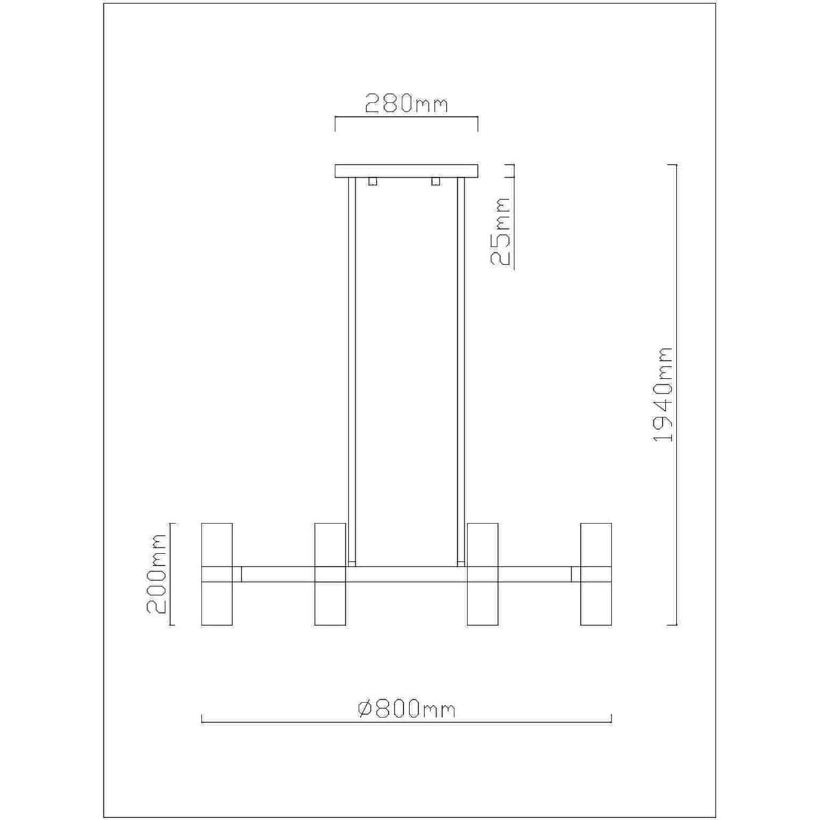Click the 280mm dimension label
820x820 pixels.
pos(407,103)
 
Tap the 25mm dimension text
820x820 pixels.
pos(500,232)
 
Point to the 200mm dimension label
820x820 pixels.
pos(156,573)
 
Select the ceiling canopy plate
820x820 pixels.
pos(407,171)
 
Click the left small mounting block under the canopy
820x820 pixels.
pos(373,181)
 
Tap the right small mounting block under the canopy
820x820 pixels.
pos(435,181)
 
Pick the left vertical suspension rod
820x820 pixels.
pos(352,372)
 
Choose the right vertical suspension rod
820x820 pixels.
pos(461,372)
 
